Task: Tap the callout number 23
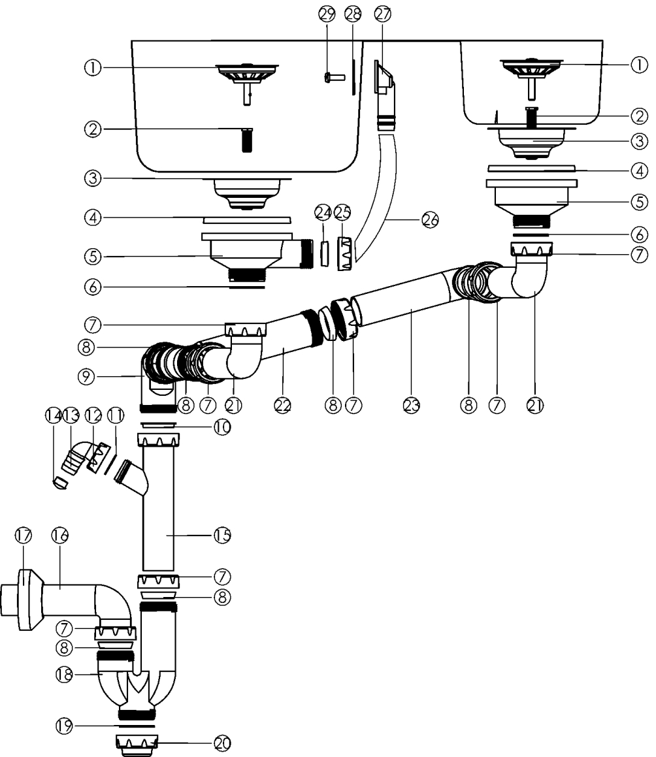coord(412,405)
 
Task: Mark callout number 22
coord(282,405)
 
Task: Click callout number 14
coord(52,416)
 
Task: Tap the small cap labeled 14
coord(59,483)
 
